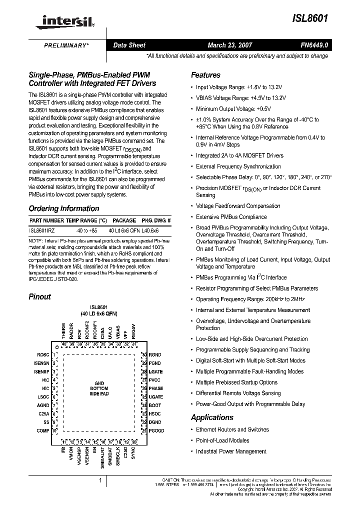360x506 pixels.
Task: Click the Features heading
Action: coord(205,75)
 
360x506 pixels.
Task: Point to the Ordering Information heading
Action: coord(64,208)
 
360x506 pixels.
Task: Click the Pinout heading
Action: coord(39,296)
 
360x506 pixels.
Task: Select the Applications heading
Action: coord(212,417)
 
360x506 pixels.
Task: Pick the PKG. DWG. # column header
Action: coord(156,220)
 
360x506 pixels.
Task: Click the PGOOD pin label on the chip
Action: coord(156,431)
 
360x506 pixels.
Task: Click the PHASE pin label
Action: coord(156,388)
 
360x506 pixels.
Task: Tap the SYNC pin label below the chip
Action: coord(133,452)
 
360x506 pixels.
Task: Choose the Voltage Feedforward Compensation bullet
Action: coord(238,206)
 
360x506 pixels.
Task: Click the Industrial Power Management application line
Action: coord(231,451)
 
